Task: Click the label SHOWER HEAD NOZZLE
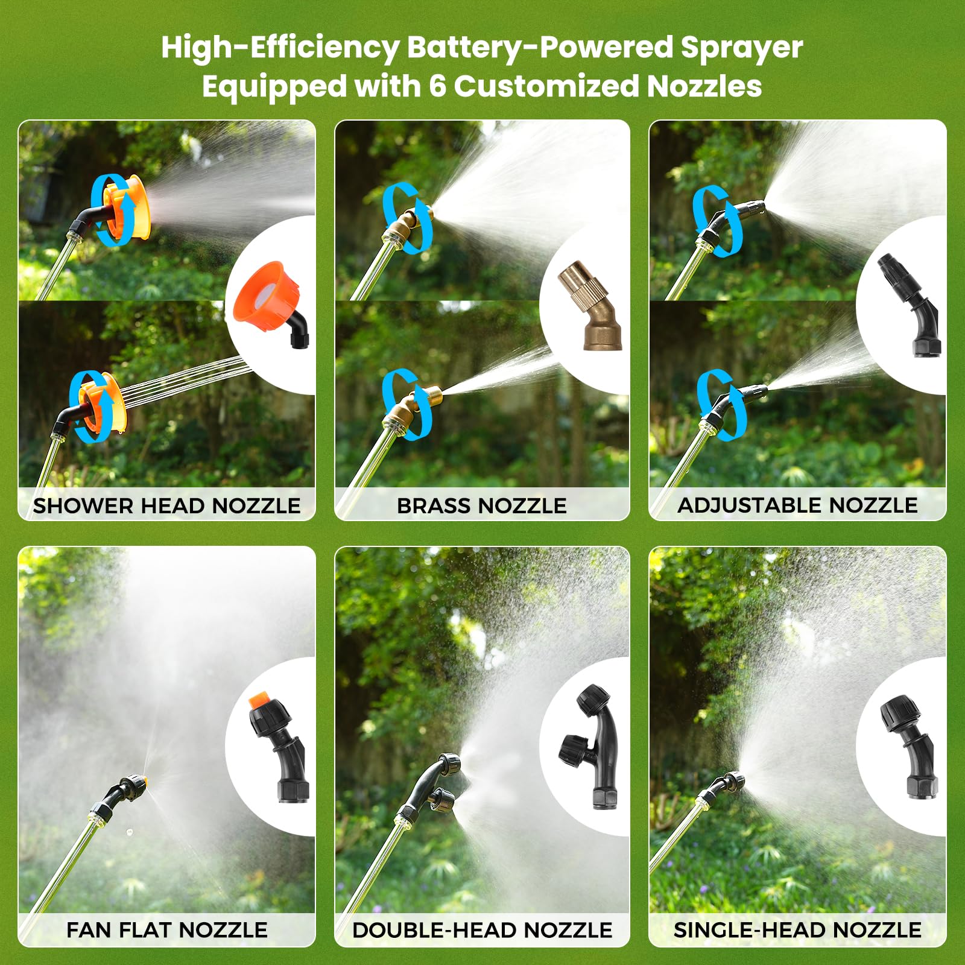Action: coord(166,505)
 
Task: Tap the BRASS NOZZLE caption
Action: coord(482,505)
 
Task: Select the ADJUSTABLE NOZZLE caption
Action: coord(797,505)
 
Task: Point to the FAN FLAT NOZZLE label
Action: coord(167,930)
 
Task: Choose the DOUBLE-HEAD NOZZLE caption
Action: coord(482,930)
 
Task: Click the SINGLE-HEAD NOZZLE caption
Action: coord(797,930)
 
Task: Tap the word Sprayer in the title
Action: coord(742,48)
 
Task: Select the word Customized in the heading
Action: coord(546,86)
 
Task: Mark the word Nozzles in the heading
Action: coord(704,86)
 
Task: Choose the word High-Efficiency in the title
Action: coord(280,48)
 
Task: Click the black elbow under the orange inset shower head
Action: coord(299,333)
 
